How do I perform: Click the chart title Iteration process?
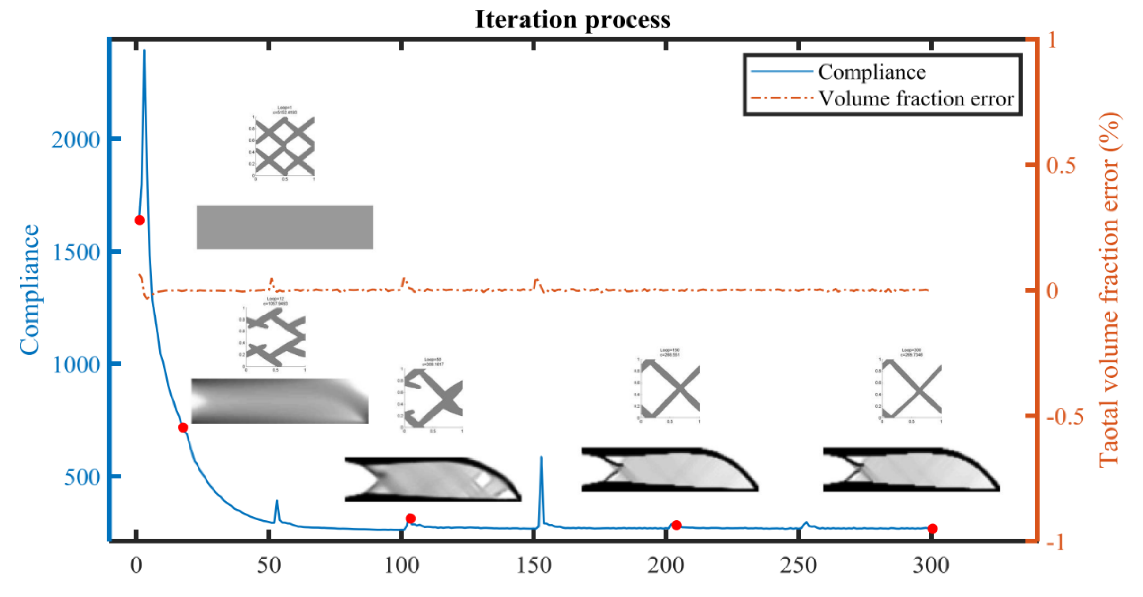point(572,20)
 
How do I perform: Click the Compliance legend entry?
point(871,72)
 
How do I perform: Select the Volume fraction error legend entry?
point(915,98)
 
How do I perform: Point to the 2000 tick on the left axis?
point(76,140)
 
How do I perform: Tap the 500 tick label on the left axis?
point(82,478)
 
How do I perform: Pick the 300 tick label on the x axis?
point(930,566)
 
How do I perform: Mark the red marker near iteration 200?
point(676,525)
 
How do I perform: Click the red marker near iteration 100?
point(410,518)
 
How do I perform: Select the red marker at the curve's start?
point(139,221)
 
